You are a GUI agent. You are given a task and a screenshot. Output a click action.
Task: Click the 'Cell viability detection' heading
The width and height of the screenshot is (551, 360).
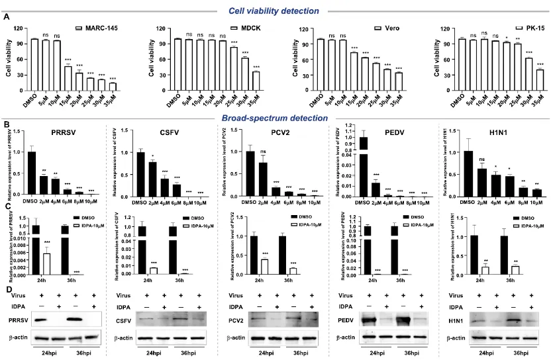[x=275, y=10]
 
